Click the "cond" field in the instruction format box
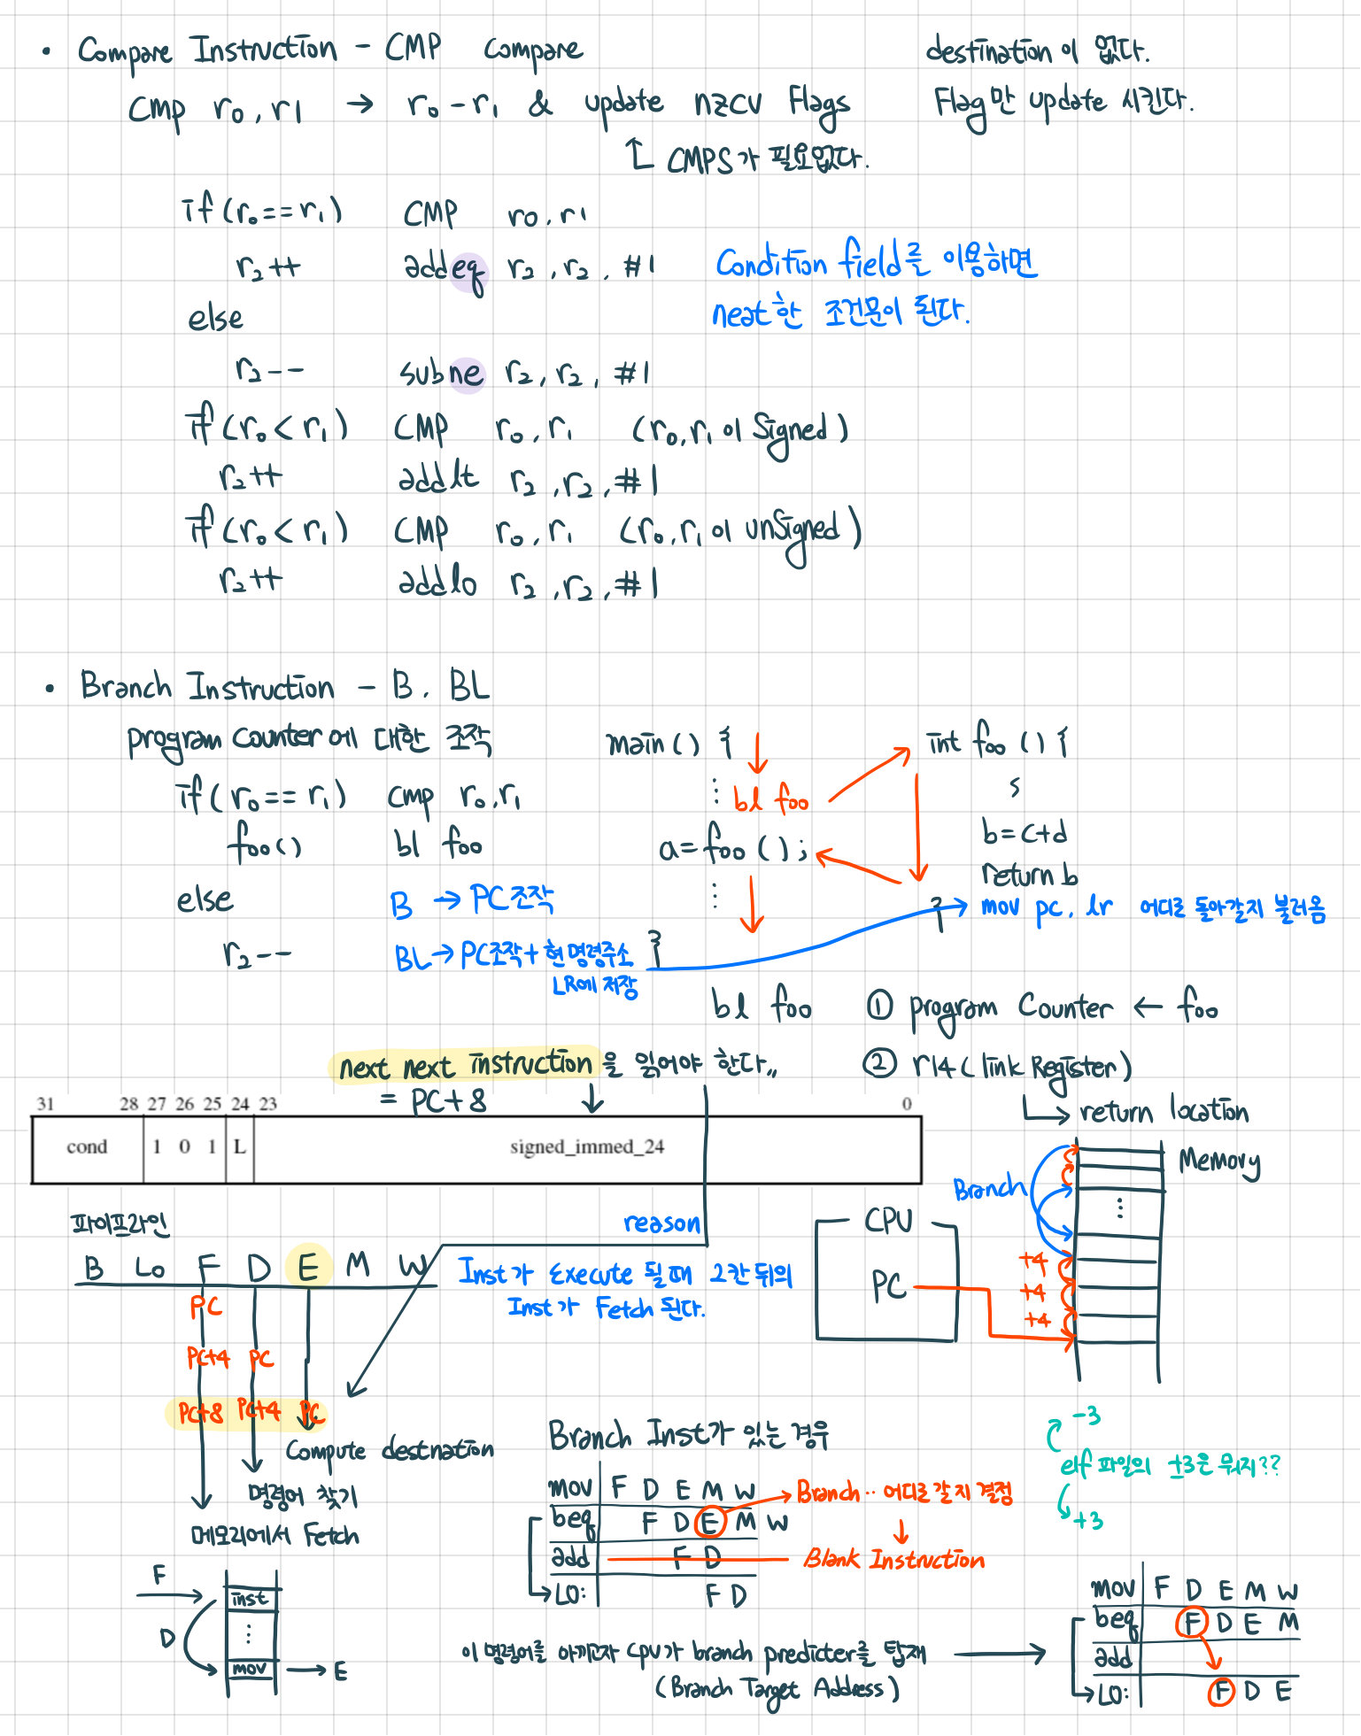87,1147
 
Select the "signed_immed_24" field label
586,1147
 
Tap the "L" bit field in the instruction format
239,1147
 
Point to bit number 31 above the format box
46,1104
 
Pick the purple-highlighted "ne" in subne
468,374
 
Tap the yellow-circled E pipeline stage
308,1267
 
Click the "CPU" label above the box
888,1221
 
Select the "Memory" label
1219,1161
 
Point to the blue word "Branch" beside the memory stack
989,1188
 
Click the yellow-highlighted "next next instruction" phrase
465,1065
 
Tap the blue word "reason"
661,1223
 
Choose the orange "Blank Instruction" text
893,1559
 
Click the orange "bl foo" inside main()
770,799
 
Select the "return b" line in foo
1029,875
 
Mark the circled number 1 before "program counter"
879,1007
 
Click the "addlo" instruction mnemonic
437,582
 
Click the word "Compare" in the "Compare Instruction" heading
125,51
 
